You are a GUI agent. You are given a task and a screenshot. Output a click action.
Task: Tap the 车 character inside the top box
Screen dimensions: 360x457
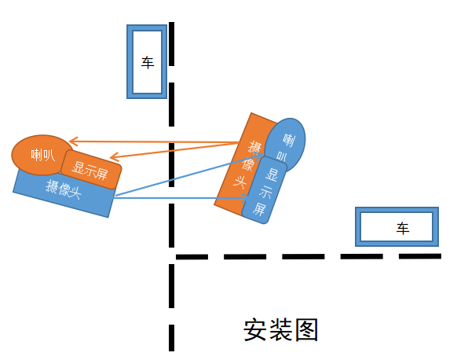coord(148,62)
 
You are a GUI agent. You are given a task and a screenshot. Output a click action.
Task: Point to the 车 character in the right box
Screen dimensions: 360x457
coord(403,229)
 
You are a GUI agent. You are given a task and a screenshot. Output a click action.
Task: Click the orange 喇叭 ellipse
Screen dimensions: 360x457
coord(42,154)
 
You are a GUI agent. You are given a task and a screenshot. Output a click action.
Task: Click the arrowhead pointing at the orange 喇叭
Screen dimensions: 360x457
coord(73,143)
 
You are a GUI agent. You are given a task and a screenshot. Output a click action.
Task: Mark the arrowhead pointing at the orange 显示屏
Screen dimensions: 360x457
coord(115,157)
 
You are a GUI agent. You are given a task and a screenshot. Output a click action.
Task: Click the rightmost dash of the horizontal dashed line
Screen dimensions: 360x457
coord(427,255)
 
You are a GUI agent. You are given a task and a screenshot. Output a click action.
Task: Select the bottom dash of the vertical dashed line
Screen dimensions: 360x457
coord(170,336)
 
